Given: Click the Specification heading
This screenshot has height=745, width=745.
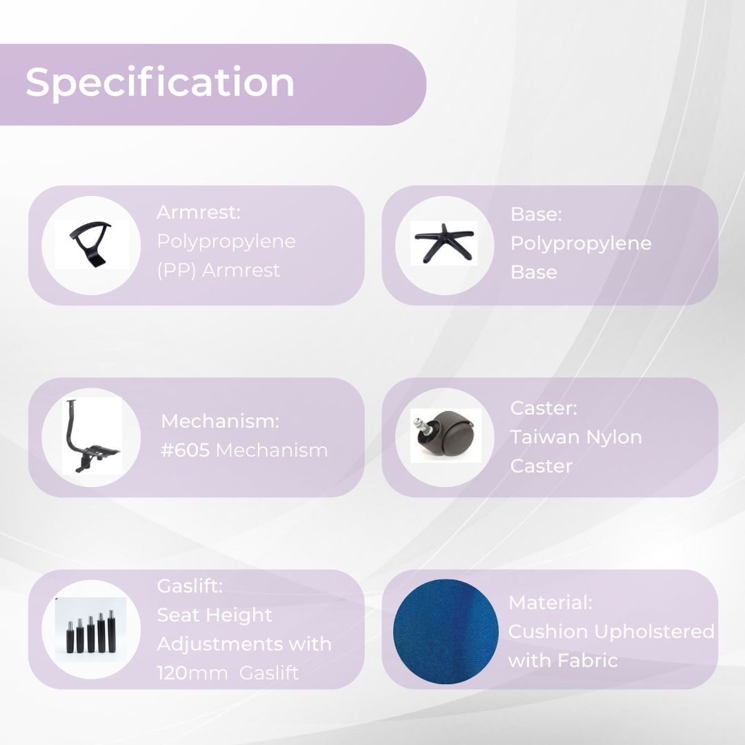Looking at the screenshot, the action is point(159,83).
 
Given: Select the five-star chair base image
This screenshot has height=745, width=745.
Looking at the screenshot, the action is point(444,243).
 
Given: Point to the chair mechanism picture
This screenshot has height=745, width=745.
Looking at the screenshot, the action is point(91,436).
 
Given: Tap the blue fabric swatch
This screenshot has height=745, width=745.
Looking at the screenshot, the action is point(446,631).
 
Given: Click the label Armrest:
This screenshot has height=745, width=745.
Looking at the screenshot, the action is point(199,212).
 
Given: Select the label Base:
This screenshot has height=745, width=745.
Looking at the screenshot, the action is point(536,214).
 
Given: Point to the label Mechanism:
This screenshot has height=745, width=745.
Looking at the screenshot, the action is point(220,421).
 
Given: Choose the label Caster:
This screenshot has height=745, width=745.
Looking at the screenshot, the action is point(544,408).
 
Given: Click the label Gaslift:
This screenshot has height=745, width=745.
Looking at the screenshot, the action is point(190,586).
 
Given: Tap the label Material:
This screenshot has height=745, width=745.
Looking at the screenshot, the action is point(550,602).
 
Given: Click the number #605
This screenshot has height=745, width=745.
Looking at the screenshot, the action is point(186,450).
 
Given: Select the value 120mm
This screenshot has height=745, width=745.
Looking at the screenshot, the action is point(192,673).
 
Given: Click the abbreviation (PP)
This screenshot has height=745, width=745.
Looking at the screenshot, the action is point(177,270).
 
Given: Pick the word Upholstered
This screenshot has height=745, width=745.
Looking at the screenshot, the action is point(654,632).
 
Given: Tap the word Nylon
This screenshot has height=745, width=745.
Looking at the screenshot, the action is point(614,437).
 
